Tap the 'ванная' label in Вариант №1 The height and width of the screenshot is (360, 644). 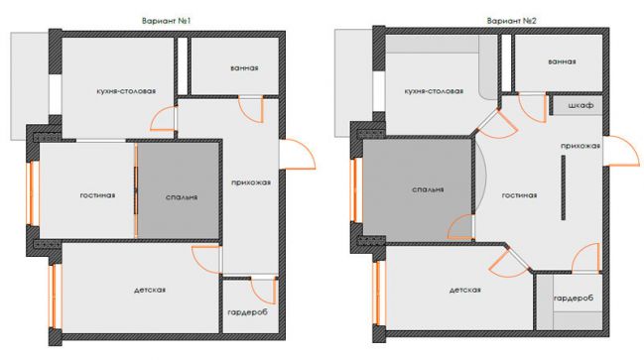244,68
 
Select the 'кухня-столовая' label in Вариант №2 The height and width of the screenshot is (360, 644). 434,91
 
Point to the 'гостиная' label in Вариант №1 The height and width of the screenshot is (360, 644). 97,195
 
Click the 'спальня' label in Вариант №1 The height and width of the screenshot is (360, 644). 182,197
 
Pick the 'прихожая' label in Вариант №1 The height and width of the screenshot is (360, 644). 251,182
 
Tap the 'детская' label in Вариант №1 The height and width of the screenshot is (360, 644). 150,291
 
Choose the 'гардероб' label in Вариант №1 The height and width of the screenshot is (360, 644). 248,312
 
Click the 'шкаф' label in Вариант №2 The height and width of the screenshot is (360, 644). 580,105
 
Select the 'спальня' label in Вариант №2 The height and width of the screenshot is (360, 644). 428,189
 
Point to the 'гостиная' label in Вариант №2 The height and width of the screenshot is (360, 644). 519,195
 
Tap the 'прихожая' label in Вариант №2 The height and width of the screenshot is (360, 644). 580,146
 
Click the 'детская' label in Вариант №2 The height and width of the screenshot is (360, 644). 465,291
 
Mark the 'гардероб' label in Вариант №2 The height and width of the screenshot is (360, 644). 574,299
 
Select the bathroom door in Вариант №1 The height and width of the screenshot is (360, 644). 251,109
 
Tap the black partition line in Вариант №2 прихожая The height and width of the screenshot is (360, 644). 564,187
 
